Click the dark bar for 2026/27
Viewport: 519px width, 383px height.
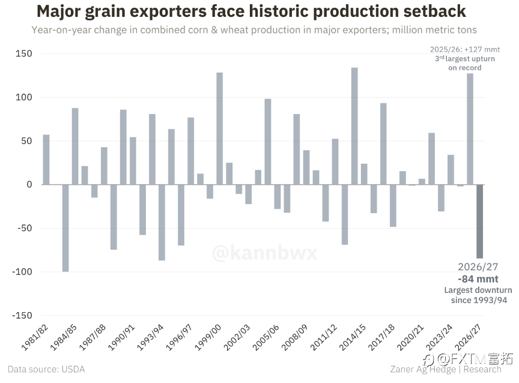(x=479, y=222)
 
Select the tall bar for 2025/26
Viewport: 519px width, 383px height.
(x=470, y=129)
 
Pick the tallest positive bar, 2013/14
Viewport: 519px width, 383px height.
(x=354, y=126)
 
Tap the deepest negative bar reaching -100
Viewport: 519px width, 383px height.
(x=65, y=228)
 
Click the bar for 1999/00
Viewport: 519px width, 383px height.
(x=219, y=128)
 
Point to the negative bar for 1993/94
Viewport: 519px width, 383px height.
(x=162, y=223)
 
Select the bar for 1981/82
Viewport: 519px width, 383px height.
(x=46, y=160)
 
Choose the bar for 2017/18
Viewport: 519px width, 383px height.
(x=393, y=206)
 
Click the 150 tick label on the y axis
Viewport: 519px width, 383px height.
(x=24, y=53)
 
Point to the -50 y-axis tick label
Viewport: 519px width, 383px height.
(x=25, y=228)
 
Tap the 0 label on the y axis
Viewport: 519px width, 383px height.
(x=29, y=184)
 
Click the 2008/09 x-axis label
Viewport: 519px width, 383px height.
(x=295, y=337)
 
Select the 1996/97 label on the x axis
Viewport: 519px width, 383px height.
(x=179, y=337)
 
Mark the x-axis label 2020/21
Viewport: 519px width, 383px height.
(x=410, y=337)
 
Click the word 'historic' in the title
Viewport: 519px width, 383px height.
(x=278, y=11)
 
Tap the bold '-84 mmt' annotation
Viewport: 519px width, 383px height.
(x=478, y=279)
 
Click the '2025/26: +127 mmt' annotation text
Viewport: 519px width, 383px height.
(x=465, y=50)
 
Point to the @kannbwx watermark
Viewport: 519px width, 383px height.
(x=265, y=253)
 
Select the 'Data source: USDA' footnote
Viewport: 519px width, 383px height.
(x=46, y=369)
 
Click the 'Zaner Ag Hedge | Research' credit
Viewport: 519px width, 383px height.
(x=446, y=369)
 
